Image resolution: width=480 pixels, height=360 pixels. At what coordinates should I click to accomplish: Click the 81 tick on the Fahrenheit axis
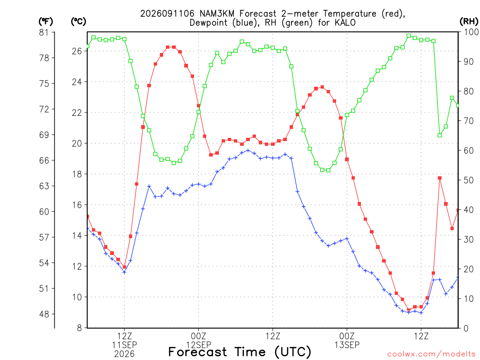44,32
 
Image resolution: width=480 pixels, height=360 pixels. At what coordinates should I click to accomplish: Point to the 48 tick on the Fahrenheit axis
44,314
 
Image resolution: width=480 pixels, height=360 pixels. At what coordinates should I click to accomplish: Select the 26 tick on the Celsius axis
77,51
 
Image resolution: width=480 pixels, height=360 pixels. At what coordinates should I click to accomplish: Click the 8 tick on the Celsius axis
80,328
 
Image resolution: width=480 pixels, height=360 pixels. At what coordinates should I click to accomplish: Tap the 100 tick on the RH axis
471,32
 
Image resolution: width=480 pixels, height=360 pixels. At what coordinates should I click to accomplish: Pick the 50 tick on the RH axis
468,180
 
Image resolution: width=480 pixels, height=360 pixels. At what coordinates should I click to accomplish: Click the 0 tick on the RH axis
466,328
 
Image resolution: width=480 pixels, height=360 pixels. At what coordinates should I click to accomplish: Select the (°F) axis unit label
45,22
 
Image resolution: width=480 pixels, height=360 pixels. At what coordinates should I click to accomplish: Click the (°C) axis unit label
78,22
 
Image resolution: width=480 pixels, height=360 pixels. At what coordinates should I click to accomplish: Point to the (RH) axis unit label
469,21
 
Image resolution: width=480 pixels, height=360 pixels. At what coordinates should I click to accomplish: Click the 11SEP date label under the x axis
125,345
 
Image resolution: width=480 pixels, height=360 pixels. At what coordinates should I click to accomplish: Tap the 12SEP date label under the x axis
199,345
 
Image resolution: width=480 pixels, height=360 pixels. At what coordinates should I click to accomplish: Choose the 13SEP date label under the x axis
347,345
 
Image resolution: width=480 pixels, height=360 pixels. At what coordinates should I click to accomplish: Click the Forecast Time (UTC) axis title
240,352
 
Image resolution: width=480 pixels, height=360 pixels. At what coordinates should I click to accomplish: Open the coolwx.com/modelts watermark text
431,354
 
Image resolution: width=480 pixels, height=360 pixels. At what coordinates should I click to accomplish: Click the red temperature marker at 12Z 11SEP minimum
124,267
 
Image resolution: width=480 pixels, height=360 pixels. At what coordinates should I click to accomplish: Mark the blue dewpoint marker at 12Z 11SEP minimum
124,272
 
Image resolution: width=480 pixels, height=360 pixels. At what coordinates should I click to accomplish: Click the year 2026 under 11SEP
124,354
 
